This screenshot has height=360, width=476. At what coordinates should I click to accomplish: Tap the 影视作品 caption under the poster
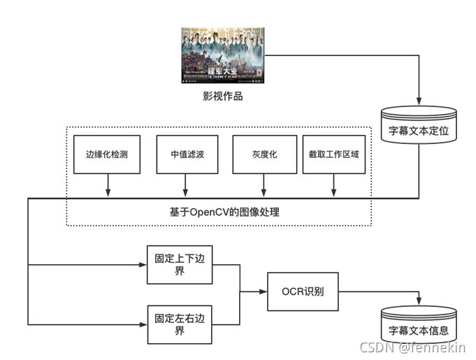click(222, 96)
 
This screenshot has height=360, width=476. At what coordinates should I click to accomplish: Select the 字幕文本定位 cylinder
click(419, 126)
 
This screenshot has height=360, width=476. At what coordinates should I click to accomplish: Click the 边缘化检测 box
click(107, 154)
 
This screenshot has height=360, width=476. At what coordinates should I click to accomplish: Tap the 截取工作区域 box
click(333, 154)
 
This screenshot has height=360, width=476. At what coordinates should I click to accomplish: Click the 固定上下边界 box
click(180, 265)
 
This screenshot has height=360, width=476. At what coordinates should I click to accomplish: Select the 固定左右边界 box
click(180, 324)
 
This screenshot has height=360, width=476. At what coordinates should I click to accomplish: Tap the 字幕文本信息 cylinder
click(419, 326)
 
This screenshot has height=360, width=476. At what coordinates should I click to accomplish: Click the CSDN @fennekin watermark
click(412, 347)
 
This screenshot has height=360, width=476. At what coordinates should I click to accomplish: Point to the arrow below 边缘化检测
click(107, 185)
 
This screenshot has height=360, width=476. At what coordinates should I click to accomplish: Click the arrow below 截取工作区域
click(333, 185)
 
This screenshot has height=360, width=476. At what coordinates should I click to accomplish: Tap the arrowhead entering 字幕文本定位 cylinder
click(419, 99)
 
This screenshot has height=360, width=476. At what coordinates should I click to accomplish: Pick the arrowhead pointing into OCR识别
click(264, 291)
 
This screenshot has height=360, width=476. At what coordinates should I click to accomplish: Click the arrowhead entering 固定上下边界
click(143, 265)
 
